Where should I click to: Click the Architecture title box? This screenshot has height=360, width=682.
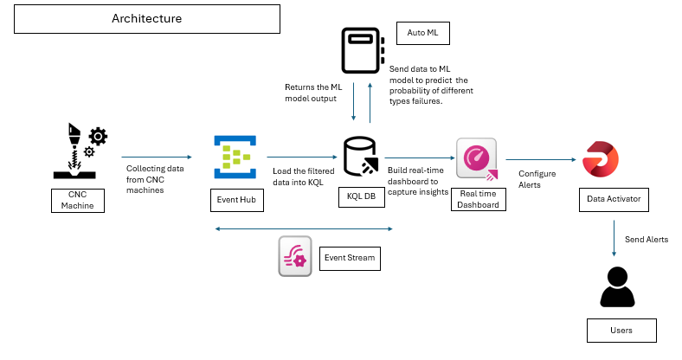(148, 18)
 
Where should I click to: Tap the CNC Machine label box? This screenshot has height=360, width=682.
(77, 200)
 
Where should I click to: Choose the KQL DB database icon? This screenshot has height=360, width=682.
(359, 157)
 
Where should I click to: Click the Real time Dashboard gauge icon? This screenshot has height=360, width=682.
(477, 159)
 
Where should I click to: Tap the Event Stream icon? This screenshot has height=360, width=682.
(294, 256)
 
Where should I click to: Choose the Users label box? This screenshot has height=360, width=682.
(621, 330)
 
